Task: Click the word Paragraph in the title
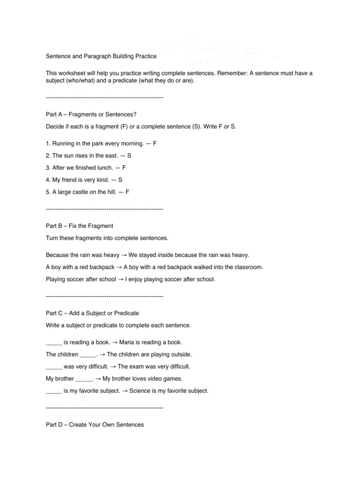point(95,56)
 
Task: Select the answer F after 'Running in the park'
point(155,143)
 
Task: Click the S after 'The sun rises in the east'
point(129,155)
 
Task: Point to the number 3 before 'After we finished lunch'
point(47,167)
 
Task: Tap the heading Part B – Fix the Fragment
point(80,226)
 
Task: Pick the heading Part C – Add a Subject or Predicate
point(92,313)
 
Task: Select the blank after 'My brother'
point(84,379)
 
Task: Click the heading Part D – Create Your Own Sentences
point(95,425)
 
